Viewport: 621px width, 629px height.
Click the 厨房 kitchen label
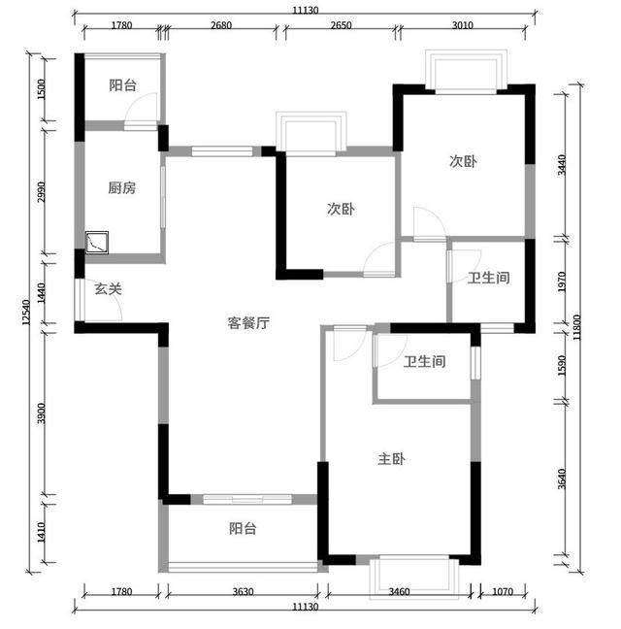pyautogui.click(x=122, y=187)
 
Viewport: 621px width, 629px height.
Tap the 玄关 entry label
pyautogui.click(x=108, y=288)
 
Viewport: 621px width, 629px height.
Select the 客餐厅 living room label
pyautogui.click(x=248, y=322)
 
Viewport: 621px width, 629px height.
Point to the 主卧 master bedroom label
pyautogui.click(x=391, y=459)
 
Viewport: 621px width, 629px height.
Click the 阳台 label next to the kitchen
pyautogui.click(x=122, y=85)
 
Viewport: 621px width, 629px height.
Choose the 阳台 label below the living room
pyautogui.click(x=243, y=528)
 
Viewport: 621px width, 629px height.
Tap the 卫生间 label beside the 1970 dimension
pyautogui.click(x=489, y=278)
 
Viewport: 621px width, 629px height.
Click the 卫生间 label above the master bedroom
pyautogui.click(x=425, y=361)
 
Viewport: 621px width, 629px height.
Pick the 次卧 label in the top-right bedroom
pyautogui.click(x=463, y=161)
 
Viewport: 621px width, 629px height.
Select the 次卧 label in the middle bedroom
pyautogui.click(x=341, y=209)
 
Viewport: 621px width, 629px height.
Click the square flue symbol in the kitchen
pyautogui.click(x=97, y=243)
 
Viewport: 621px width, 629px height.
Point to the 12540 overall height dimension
pyautogui.click(x=26, y=312)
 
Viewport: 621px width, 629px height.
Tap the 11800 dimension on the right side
pyautogui.click(x=577, y=327)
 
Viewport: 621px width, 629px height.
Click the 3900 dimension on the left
pyautogui.click(x=41, y=414)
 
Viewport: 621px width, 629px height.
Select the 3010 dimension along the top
pyautogui.click(x=463, y=25)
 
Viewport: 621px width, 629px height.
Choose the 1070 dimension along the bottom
pyautogui.click(x=503, y=591)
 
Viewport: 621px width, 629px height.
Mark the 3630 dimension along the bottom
pyautogui.click(x=243, y=591)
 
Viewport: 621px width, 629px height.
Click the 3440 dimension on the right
pyautogui.click(x=562, y=164)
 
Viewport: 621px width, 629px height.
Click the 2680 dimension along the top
pyautogui.click(x=221, y=25)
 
